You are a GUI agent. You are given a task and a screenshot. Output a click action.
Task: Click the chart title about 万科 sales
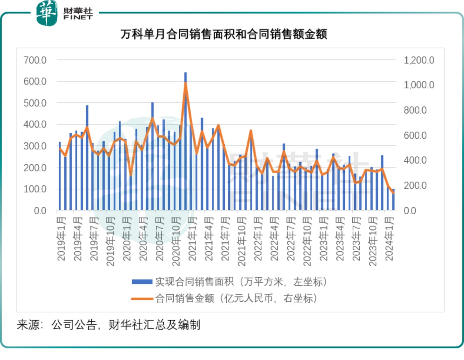pyautogui.click(x=224, y=34)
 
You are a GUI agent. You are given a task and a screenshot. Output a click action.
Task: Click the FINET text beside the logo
pyautogui.click(x=78, y=17)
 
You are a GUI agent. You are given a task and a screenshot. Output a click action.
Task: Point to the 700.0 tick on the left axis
pyautogui.click(x=35, y=60)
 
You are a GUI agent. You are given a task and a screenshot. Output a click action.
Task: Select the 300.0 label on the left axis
pyautogui.click(x=35, y=146)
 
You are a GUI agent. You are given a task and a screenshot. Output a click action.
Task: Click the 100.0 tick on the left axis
pyautogui.click(x=35, y=189)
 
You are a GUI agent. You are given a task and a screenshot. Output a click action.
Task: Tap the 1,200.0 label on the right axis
pyautogui.click(x=419, y=60)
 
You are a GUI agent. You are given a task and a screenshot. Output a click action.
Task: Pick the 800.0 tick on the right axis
pyautogui.click(x=415, y=110)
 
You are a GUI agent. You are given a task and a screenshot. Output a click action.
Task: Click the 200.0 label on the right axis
pyautogui.click(x=415, y=185)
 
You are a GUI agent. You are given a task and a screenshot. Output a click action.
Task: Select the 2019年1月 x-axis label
pyautogui.click(x=62, y=238)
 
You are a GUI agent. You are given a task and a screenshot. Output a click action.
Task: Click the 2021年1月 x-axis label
pyautogui.click(x=193, y=238)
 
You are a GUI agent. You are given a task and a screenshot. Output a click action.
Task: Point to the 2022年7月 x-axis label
pyautogui.click(x=291, y=238)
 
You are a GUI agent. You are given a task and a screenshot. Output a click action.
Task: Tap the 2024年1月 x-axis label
pyautogui.click(x=389, y=238)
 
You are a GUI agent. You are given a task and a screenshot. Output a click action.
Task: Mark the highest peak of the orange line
pyautogui.click(x=186, y=83)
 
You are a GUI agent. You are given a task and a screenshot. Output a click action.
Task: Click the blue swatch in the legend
pyautogui.click(x=142, y=282)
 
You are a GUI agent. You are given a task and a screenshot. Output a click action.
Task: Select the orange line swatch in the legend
pyautogui.click(x=142, y=299)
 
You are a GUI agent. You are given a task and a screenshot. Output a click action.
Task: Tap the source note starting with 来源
pyautogui.click(x=108, y=325)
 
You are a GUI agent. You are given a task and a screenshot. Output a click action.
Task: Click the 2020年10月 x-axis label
pyautogui.click(x=176, y=241)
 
